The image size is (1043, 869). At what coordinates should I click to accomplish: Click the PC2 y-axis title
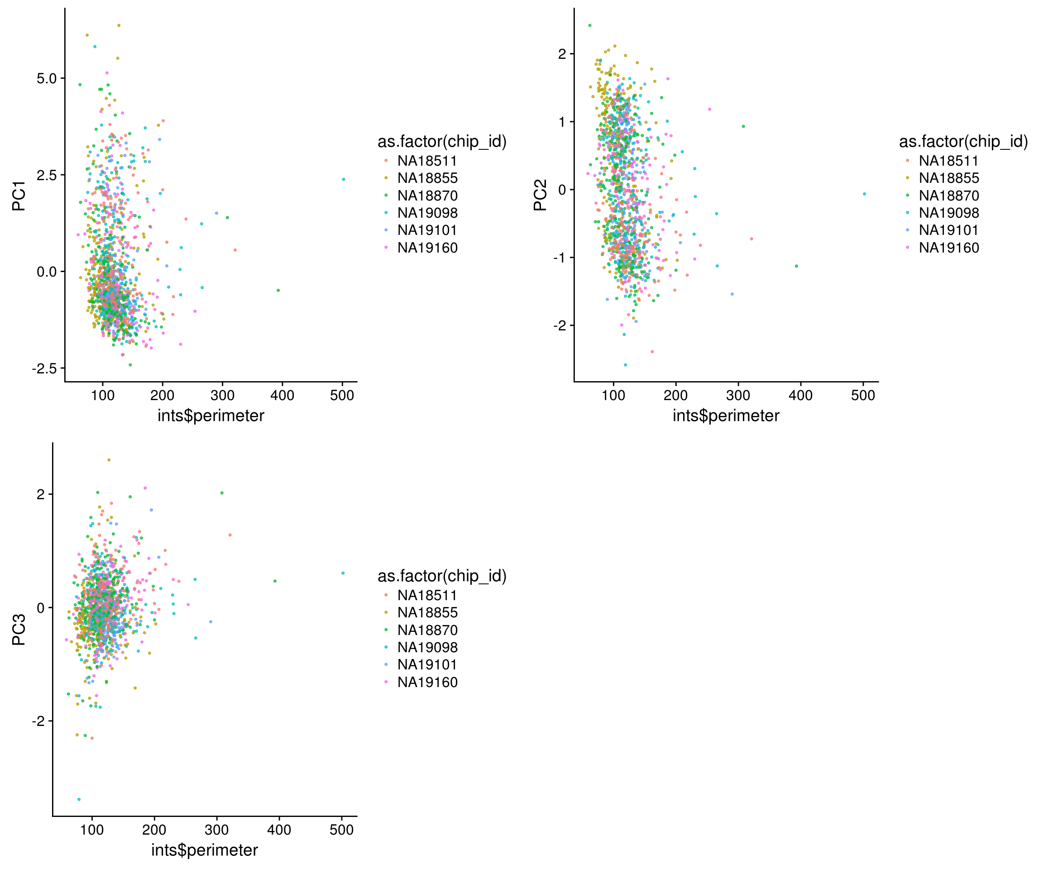540,195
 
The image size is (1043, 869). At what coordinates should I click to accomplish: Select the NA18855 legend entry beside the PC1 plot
427,178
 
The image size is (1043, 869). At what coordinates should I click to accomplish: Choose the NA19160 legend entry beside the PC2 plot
949,247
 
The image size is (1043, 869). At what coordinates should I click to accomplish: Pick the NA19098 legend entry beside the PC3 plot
427,647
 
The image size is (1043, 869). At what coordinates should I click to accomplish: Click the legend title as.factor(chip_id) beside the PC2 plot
963,142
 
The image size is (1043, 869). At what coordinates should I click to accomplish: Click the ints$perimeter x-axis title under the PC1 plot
211,415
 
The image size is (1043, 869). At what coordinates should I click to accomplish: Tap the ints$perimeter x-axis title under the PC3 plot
205,850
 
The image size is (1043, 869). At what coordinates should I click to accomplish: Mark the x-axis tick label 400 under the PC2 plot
801,395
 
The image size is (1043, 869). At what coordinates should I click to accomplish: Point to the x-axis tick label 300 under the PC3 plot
216,830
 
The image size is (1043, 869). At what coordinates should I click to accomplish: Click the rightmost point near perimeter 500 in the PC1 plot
343,179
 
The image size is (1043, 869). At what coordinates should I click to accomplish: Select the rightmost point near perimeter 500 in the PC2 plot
864,194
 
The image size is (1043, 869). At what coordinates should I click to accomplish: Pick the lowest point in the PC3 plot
79,799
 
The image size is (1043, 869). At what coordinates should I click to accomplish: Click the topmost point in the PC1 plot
118,25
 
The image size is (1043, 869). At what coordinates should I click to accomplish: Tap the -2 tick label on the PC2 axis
560,325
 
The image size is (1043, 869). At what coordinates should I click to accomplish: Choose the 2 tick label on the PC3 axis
41,494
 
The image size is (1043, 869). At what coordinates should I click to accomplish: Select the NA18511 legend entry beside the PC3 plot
427,595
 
